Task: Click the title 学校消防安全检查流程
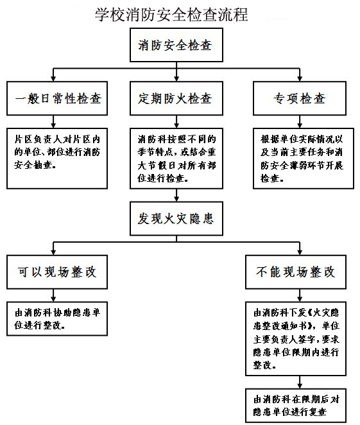171,13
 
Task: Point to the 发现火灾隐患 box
176,219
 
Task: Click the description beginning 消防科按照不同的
176,157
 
